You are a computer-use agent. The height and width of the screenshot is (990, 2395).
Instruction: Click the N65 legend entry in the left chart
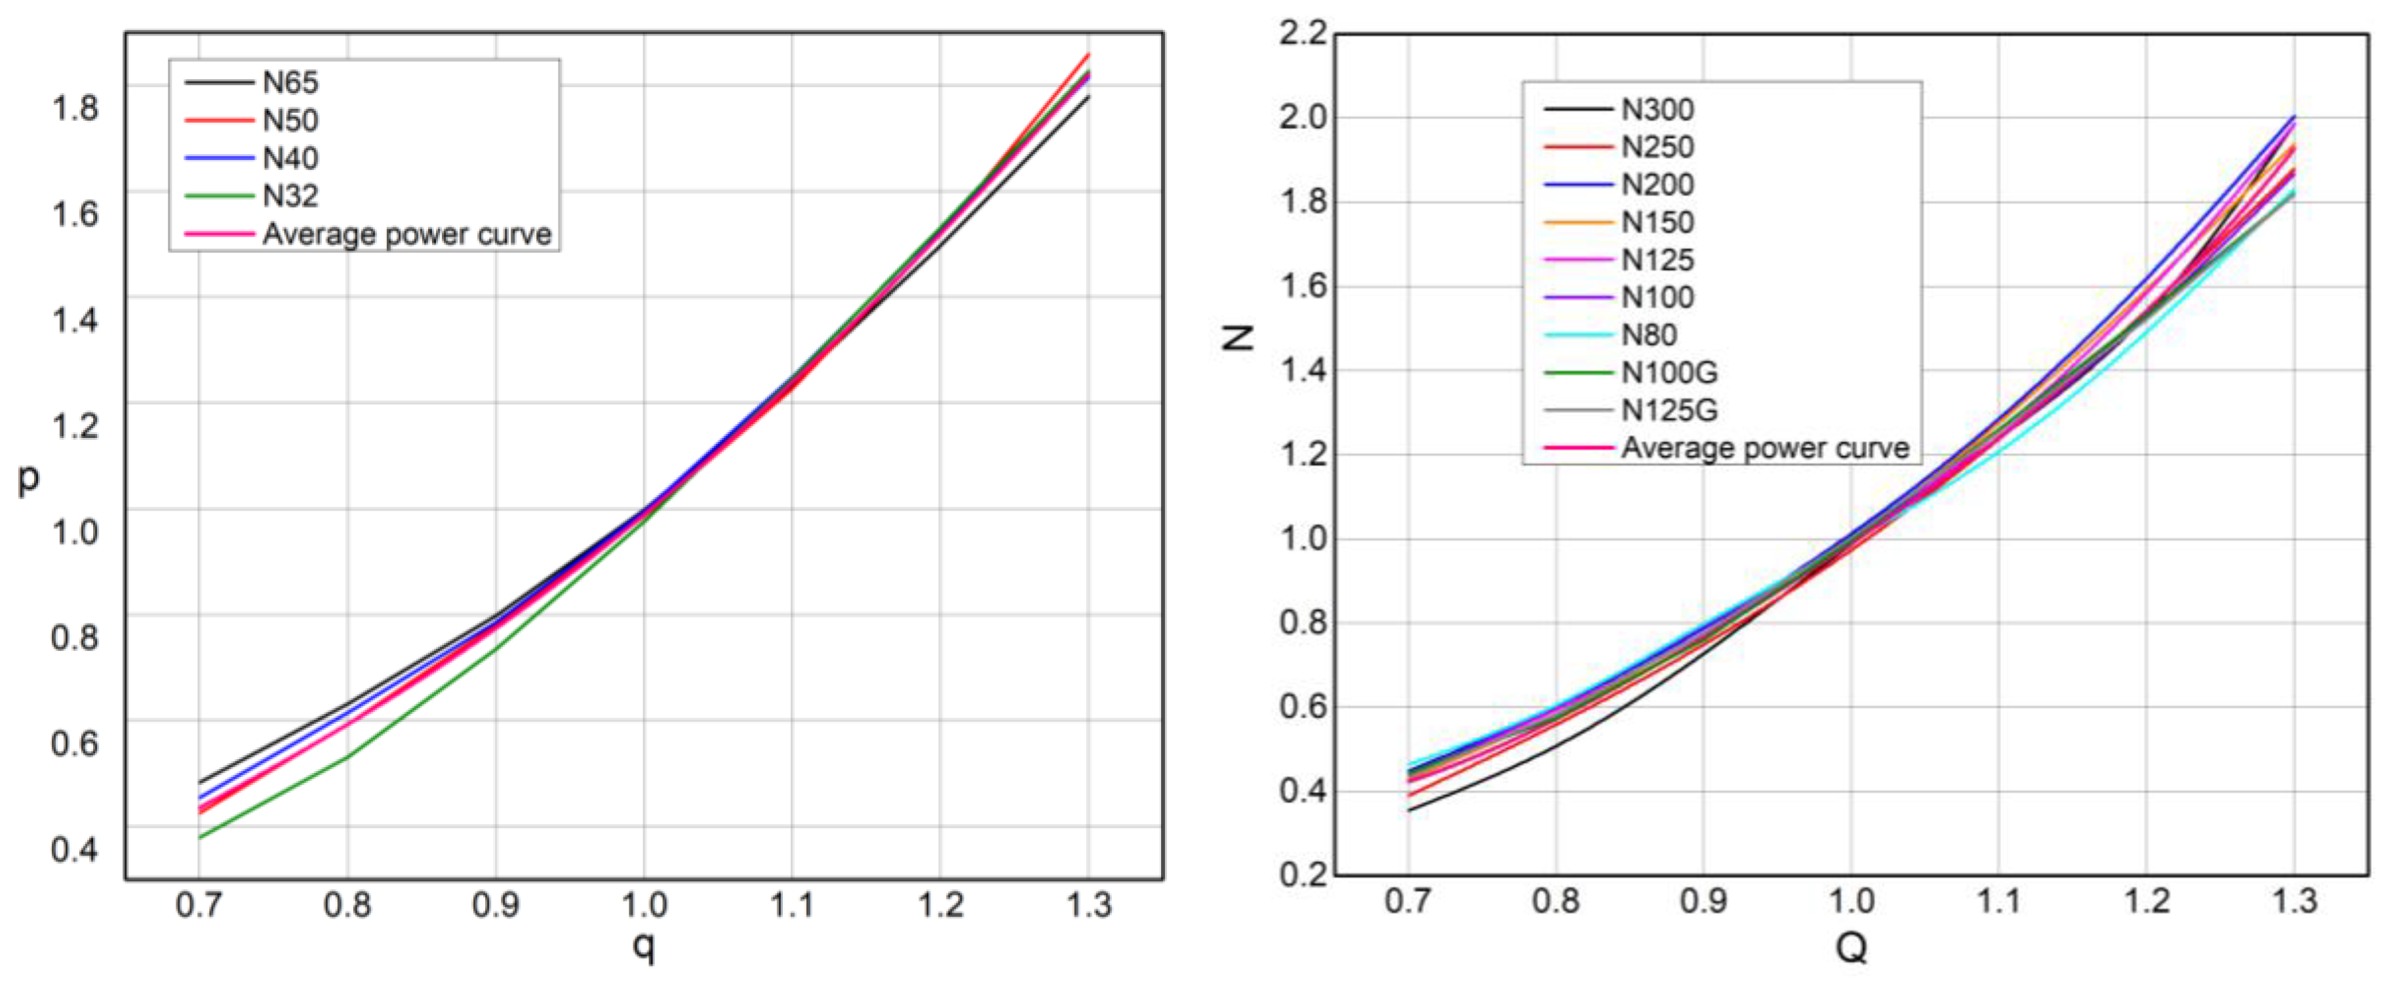[x=290, y=83]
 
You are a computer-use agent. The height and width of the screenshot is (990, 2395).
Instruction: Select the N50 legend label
[x=290, y=121]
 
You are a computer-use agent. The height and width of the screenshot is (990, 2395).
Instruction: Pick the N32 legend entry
[x=290, y=196]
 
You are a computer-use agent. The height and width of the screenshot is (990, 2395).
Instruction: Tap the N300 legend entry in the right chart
[x=1657, y=109]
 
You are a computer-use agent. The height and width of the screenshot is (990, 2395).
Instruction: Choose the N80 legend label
[x=1648, y=334]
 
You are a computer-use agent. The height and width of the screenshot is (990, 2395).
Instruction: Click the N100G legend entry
[x=1669, y=373]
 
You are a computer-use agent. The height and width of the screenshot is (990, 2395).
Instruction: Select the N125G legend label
[x=1669, y=410]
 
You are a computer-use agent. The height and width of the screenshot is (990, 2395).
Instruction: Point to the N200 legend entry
[x=1657, y=185]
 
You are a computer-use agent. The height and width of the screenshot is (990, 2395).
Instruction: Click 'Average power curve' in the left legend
[x=406, y=234]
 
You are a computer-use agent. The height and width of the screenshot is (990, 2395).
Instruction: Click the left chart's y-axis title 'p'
[x=29, y=479]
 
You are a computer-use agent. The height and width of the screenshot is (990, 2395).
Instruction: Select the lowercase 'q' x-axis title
[x=643, y=946]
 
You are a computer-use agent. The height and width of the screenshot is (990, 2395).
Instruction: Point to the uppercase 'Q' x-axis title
[x=1850, y=947]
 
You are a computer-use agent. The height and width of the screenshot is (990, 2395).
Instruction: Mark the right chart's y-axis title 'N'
[x=1237, y=336]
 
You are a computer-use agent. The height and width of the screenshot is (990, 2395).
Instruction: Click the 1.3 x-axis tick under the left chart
[x=1088, y=905]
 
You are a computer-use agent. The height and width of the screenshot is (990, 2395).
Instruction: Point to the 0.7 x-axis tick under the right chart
[x=1408, y=901]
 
